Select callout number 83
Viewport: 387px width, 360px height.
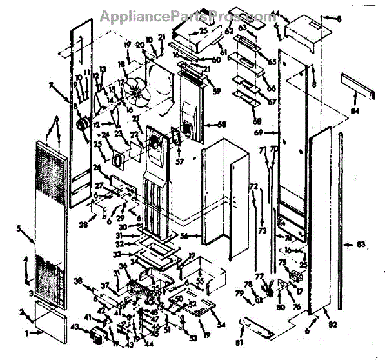[361, 245]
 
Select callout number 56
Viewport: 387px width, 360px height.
[184, 237]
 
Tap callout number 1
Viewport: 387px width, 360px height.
[27, 334]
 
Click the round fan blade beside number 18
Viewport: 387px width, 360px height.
[137, 90]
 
